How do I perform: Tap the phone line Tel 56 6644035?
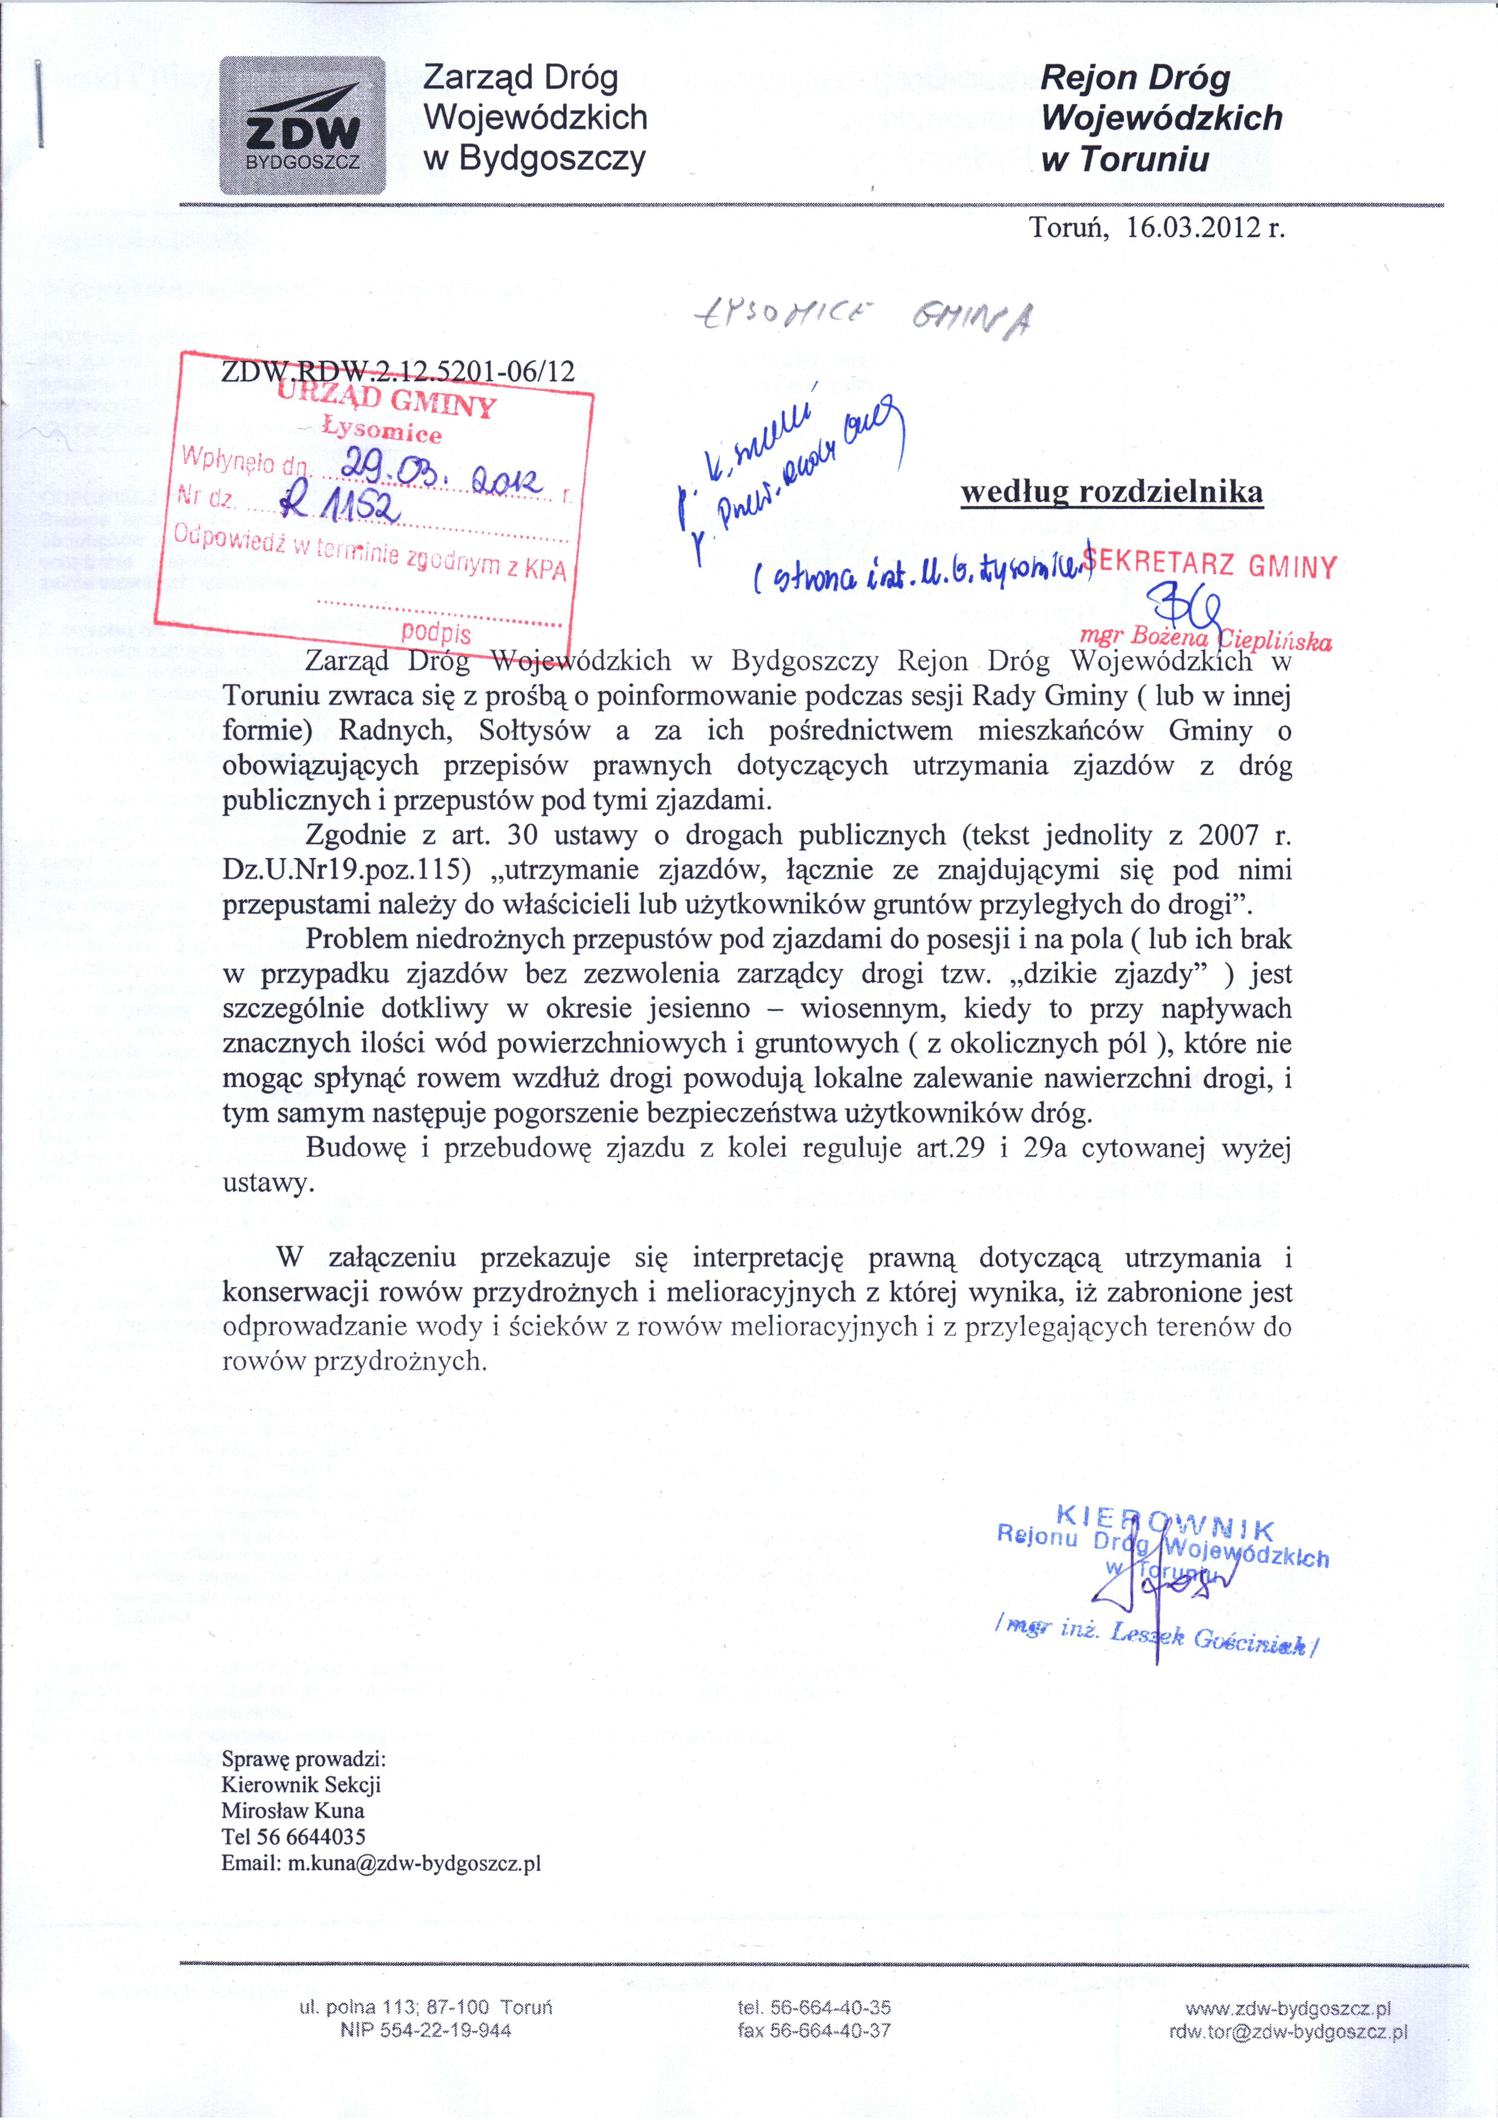click(294, 1837)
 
